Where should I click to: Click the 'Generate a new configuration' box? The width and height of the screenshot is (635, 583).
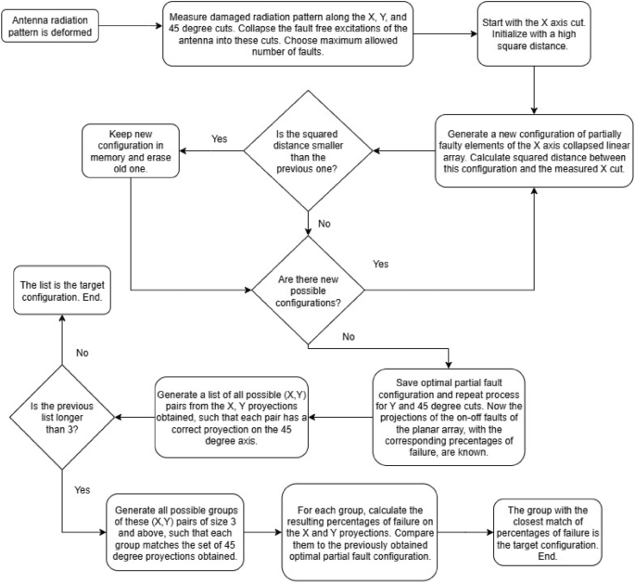(535, 152)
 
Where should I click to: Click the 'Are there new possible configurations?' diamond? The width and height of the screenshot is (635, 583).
(307, 279)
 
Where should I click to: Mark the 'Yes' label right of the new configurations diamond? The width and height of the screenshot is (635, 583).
(379, 264)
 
